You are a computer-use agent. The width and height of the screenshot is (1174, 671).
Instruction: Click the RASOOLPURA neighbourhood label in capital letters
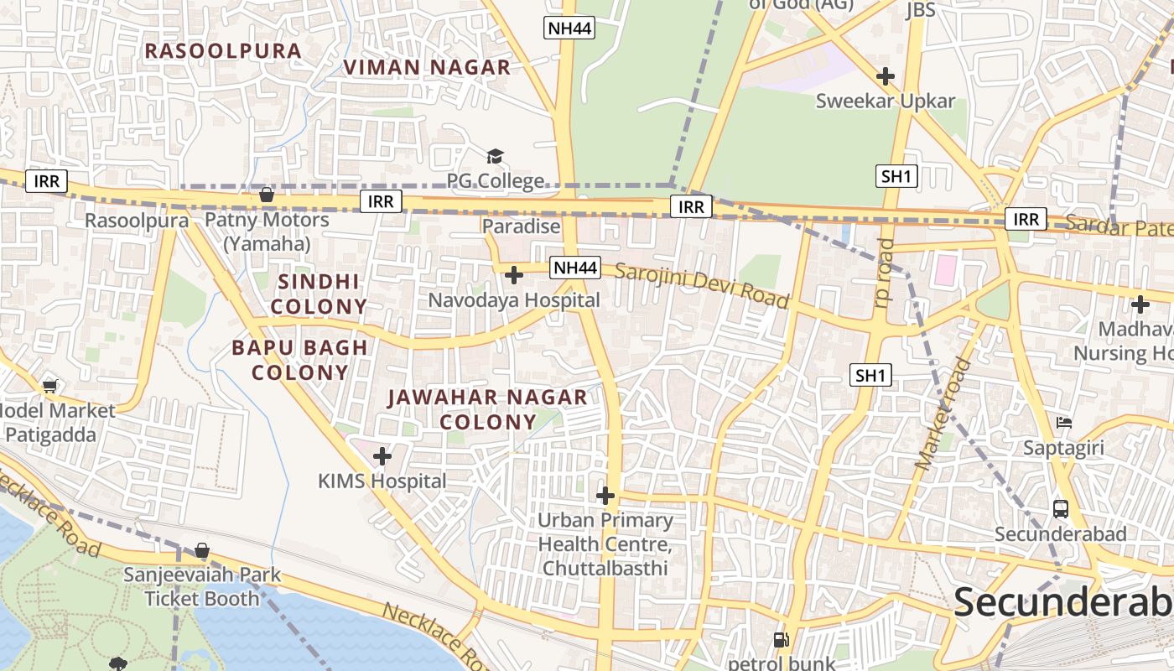(223, 51)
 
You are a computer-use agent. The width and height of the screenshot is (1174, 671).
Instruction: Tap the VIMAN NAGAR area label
(428, 68)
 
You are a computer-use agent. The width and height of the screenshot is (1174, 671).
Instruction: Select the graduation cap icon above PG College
(495, 156)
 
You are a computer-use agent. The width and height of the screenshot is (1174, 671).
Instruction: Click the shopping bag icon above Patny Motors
(267, 195)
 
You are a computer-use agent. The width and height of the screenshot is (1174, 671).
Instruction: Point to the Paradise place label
(521, 226)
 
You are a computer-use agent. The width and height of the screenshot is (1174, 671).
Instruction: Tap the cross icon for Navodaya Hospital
(514, 275)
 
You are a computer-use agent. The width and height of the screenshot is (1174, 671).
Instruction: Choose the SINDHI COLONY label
(319, 294)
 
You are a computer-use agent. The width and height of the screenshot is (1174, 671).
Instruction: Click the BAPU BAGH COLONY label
(300, 360)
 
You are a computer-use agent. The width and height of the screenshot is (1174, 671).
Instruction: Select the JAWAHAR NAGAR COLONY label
(488, 409)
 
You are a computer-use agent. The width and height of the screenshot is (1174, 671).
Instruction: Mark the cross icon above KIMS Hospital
(382, 456)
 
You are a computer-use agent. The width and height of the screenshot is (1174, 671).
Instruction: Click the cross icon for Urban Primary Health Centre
(605, 496)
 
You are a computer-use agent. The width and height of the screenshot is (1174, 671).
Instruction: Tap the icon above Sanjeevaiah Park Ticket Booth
(202, 550)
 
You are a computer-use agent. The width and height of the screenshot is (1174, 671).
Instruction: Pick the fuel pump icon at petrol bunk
(782, 639)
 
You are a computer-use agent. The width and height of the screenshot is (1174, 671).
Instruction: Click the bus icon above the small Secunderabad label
(1061, 508)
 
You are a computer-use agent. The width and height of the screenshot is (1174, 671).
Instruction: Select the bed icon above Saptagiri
(1064, 423)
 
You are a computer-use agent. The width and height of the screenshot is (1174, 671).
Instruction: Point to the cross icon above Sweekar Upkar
(886, 76)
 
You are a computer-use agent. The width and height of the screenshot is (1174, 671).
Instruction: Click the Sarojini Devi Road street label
(703, 285)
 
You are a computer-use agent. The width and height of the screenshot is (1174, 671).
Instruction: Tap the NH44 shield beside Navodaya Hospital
(576, 268)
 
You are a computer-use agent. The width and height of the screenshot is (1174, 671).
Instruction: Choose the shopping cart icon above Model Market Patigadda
(49, 386)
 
